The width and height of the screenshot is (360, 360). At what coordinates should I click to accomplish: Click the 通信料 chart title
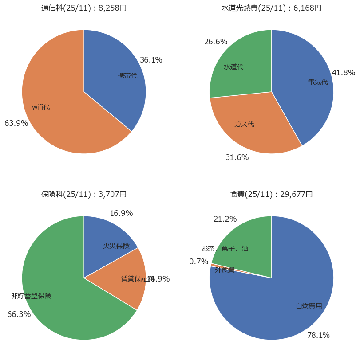84,8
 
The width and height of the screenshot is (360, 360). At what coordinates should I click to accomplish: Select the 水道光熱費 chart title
272,8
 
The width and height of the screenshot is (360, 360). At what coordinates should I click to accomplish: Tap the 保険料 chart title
84,194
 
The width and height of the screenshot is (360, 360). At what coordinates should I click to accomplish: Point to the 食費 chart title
272,194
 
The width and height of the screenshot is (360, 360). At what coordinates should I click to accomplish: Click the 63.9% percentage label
16,123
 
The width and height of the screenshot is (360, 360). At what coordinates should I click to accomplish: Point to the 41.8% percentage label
344,73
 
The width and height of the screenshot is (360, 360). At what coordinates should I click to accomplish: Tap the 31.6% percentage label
237,157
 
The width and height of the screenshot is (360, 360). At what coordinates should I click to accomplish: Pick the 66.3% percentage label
19,314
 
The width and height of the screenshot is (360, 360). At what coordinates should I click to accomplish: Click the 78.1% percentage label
318,335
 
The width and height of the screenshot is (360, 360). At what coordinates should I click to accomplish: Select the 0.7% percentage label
198,262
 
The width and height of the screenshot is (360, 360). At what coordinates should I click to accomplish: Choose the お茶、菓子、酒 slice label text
225,248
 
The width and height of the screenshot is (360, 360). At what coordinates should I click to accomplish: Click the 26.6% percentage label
216,42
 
